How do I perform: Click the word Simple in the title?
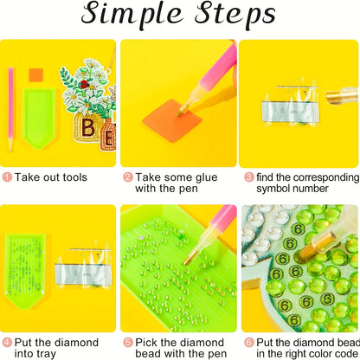(x=132, y=14)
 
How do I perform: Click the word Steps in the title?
(x=235, y=14)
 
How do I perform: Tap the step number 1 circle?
(x=7, y=177)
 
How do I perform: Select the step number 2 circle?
(x=128, y=177)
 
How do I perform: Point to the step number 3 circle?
(x=249, y=177)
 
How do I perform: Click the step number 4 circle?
(x=7, y=343)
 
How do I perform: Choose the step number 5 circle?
(x=128, y=343)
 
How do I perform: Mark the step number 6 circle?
(x=249, y=343)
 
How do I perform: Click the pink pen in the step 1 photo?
(x=10, y=109)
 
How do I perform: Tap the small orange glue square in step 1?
(x=35, y=75)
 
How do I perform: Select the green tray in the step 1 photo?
(x=39, y=118)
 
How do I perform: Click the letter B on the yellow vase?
(x=87, y=127)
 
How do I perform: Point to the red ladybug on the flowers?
(x=84, y=84)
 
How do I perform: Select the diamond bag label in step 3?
(x=288, y=112)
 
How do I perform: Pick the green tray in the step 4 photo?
(x=25, y=271)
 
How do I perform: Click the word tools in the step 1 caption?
(x=72, y=177)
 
